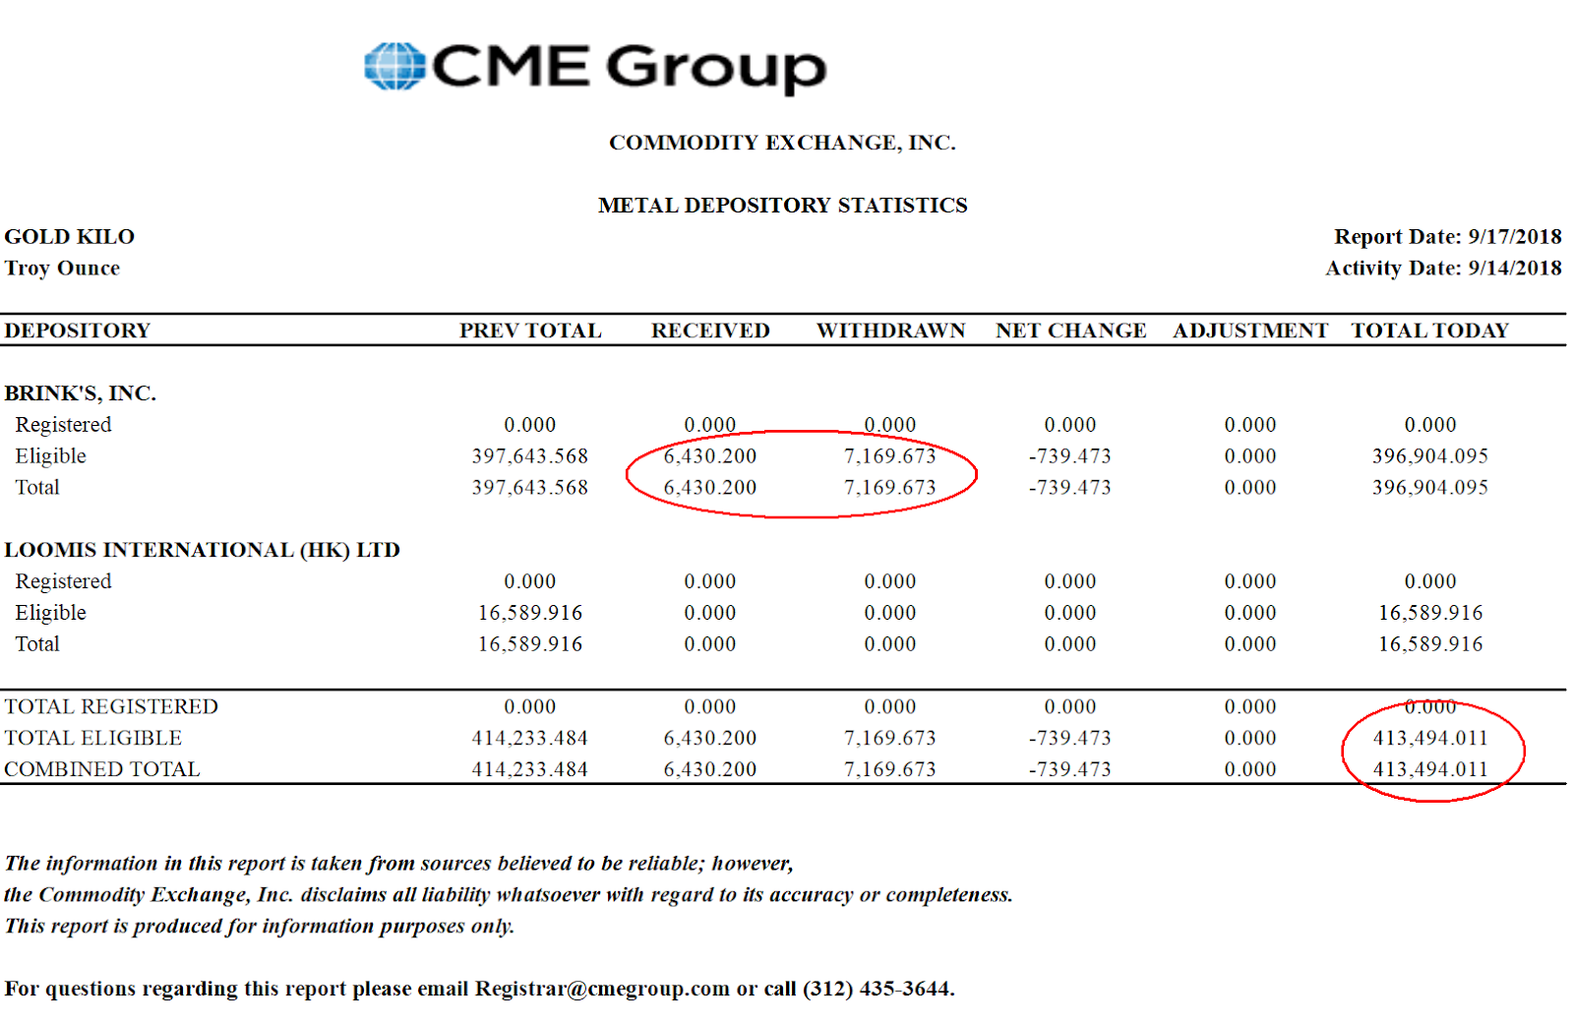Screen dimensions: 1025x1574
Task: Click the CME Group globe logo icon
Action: [x=394, y=67]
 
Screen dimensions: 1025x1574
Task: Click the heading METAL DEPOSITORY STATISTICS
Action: [x=782, y=206]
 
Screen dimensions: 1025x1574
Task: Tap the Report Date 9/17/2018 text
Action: [x=1447, y=237]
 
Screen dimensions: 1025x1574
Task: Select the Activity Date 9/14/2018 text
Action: [x=1443, y=269]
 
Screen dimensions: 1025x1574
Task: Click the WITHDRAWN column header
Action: [x=890, y=331]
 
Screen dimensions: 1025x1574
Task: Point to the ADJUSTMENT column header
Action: [x=1249, y=331]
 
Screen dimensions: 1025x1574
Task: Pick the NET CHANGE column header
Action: [x=1070, y=331]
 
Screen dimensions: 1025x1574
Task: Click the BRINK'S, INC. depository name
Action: [x=81, y=393]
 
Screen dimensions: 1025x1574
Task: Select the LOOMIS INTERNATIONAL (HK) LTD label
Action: [x=202, y=550]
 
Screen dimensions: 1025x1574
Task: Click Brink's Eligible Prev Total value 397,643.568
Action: [x=529, y=456]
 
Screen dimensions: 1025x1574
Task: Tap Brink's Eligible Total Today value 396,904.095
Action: [x=1429, y=456]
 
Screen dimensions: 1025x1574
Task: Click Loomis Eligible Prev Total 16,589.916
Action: [x=529, y=613]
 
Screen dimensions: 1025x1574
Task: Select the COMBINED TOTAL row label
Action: [x=102, y=769]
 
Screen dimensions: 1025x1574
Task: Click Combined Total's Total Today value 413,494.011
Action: [x=1429, y=769]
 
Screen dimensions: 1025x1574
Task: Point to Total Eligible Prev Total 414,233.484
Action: [x=529, y=738]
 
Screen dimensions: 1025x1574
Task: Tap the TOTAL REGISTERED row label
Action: [x=111, y=706]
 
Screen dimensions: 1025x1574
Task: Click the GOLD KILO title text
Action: [x=70, y=237]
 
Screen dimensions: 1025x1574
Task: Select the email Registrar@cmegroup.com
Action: [x=602, y=989]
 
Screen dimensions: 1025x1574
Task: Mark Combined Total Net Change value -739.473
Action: [x=1070, y=769]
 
